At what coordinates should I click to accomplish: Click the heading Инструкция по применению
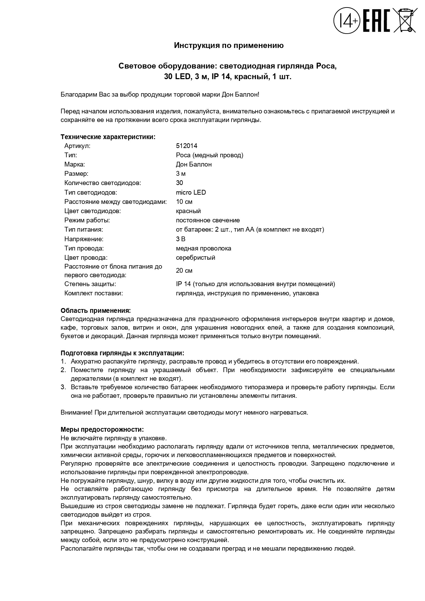229,45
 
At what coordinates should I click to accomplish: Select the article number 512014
187,146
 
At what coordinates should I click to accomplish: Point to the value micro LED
191,192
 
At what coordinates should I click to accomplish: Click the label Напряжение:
84,239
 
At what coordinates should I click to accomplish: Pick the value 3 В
180,239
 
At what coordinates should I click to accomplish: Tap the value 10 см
184,201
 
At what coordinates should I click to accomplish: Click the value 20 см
184,271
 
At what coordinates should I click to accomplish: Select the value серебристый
196,257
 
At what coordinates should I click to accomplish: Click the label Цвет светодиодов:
92,211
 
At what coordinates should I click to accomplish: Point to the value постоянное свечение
208,220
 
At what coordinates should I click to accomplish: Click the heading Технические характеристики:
108,137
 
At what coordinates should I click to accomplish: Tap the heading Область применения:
96,311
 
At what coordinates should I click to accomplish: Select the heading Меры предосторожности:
102,430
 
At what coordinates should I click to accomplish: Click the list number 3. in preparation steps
63,387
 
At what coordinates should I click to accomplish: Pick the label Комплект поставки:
93,293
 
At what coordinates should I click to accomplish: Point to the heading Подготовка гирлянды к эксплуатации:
122,353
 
